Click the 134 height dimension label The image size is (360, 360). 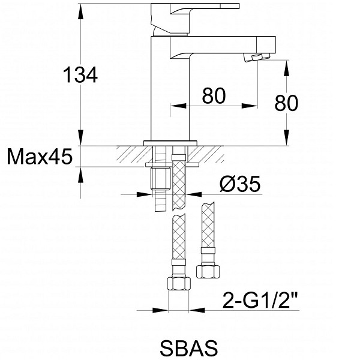80,75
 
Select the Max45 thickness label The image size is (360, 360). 40,157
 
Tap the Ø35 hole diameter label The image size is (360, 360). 240,184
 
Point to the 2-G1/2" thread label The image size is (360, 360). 260,300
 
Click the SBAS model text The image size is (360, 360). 189,348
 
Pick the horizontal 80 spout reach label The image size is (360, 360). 214,95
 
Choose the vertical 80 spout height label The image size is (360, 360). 286,103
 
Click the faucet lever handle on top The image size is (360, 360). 195,19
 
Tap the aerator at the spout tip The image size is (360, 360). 257,58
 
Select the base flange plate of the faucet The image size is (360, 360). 170,143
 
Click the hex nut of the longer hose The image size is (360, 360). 179,284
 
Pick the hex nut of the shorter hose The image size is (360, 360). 208,272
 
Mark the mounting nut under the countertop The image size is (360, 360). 160,178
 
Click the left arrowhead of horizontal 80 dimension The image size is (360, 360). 178,106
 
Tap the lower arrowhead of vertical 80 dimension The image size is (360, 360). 287,137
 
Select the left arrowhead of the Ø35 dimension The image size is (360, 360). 144,194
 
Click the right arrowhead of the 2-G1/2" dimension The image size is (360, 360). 197,310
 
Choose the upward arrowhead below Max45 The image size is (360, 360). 80,175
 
